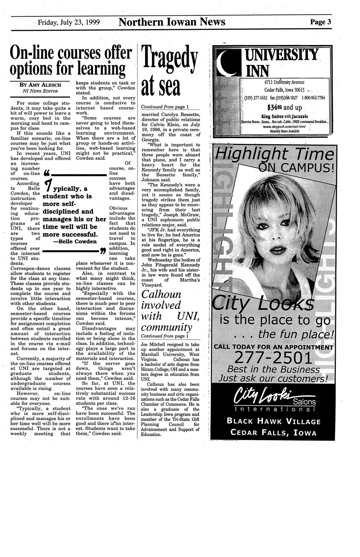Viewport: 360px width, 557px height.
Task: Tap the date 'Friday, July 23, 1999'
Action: [69, 22]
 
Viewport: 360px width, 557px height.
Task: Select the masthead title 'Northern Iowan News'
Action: [172, 22]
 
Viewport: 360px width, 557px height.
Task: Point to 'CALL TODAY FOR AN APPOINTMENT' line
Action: [274, 347]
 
